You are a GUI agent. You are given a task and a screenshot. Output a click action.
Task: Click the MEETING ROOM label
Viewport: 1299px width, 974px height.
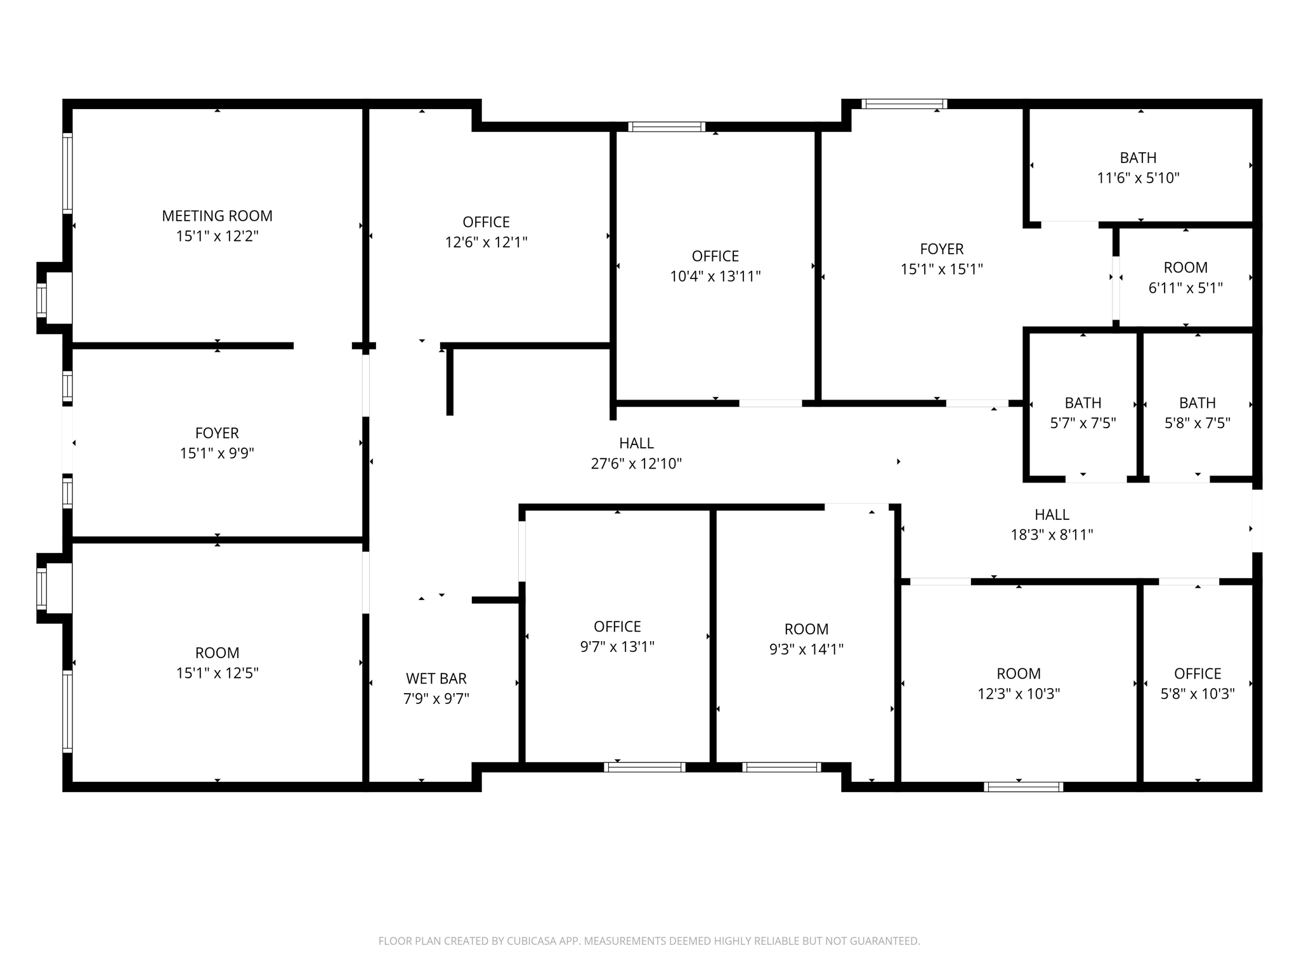(x=217, y=216)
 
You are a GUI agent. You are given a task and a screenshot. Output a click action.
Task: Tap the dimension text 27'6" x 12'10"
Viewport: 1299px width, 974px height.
(x=636, y=464)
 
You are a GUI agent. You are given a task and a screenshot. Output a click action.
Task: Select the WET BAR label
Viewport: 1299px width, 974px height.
(x=436, y=679)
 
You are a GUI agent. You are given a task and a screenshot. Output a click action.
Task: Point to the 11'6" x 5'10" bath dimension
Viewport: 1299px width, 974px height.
(x=1138, y=178)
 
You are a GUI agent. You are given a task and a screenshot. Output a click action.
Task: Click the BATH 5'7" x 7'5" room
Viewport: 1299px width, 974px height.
(x=1083, y=412)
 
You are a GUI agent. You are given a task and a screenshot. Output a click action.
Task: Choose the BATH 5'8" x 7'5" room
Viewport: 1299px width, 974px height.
(x=1197, y=412)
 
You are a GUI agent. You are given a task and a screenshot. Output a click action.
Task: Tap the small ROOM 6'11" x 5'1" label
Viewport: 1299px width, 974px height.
(x=1185, y=268)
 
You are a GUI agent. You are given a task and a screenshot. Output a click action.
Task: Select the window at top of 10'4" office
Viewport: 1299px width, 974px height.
(x=666, y=127)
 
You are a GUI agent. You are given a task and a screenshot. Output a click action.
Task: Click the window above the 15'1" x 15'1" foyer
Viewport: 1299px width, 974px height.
(x=904, y=104)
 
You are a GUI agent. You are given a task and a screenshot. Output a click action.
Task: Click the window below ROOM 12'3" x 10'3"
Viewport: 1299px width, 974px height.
(x=1023, y=787)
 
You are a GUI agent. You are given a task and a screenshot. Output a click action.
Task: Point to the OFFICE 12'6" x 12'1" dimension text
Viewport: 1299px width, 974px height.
(x=486, y=242)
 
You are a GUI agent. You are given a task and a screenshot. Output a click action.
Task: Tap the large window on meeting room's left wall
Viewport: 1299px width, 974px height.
(x=67, y=172)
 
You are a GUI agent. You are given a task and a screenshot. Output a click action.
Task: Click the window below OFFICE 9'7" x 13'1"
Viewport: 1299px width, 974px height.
(x=644, y=767)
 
